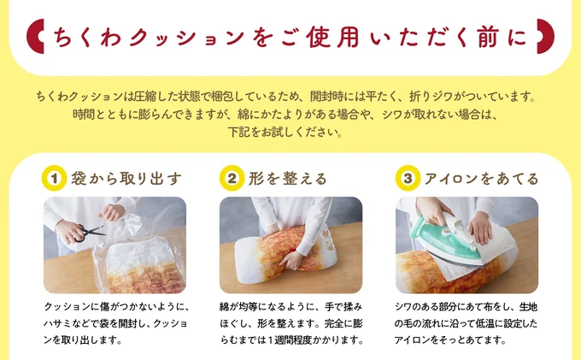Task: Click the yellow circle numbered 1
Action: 55,179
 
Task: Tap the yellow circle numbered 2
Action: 231,179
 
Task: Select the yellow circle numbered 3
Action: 407,179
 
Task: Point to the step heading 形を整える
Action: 288,179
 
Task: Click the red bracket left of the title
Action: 36,38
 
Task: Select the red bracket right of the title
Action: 545,38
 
